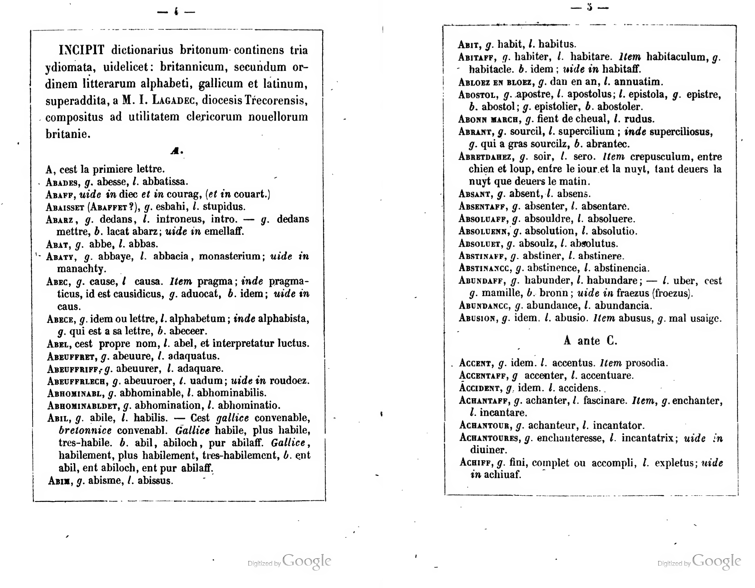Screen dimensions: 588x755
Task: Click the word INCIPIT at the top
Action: click(x=81, y=50)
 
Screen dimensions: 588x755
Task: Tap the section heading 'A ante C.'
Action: click(x=590, y=340)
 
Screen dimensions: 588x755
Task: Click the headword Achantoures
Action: click(x=489, y=438)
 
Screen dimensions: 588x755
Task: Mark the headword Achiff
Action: click(x=475, y=463)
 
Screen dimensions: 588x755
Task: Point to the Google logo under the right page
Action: click(x=716, y=562)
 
